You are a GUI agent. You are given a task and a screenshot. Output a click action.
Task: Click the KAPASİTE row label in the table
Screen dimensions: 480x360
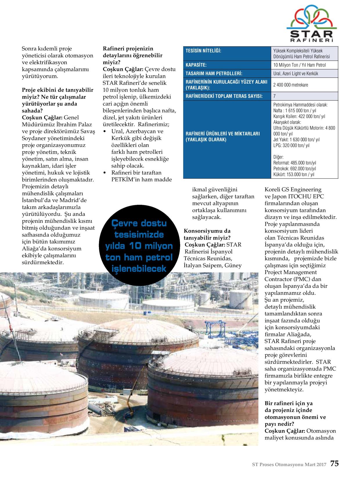click(x=196, y=65)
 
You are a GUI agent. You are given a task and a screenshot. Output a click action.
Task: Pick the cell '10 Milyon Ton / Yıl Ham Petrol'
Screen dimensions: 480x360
click(x=299, y=65)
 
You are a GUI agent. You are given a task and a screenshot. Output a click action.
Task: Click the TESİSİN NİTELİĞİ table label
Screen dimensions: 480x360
click(x=203, y=51)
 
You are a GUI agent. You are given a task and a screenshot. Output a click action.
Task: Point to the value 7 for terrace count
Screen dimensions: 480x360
click(x=275, y=96)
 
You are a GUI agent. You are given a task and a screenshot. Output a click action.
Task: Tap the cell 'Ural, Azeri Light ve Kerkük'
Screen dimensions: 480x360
click(x=296, y=73)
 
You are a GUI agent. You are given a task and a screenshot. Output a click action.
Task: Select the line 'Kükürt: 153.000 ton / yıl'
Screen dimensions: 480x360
click(x=294, y=175)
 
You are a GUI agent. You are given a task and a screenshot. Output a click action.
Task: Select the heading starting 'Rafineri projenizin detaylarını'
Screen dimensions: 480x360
click(x=132, y=55)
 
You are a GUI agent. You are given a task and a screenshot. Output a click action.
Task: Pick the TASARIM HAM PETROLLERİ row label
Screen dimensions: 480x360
click(x=214, y=73)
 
